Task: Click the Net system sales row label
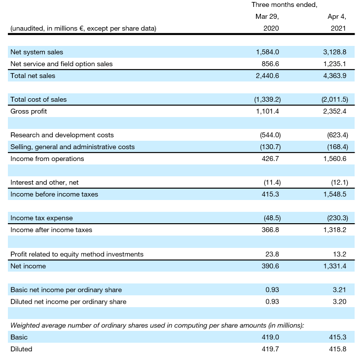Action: (36, 52)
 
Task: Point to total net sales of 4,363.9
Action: (335, 76)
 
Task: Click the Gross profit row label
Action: (29, 111)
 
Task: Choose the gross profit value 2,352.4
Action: (335, 111)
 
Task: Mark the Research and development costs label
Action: (62, 135)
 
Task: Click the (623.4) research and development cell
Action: (336, 135)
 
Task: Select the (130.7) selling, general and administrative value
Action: (269, 147)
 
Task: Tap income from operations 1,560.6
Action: (335, 159)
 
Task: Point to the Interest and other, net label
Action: (44, 182)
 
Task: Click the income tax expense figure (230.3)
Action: (336, 218)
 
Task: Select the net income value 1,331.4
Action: (335, 266)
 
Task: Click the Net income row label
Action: (28, 266)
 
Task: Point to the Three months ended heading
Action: (284, 4)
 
